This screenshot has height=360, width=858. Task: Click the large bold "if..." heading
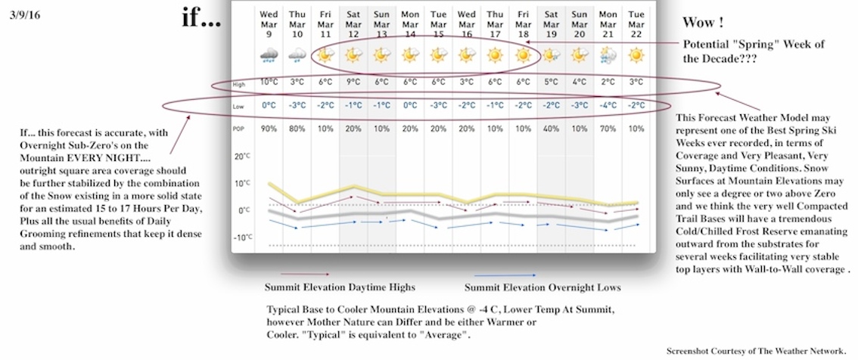pos(201,17)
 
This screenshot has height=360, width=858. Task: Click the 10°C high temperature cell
pos(269,82)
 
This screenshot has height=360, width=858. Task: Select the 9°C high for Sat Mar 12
pos(354,82)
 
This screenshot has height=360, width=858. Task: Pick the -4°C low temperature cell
pos(608,106)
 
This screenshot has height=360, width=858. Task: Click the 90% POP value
pos(269,129)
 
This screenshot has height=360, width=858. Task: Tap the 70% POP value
pos(608,129)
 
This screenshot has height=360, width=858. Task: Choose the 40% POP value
pos(552,129)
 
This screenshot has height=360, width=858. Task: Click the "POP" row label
pos(239,129)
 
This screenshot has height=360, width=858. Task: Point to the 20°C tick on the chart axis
pos(242,157)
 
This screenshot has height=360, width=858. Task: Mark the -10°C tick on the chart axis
pos(242,237)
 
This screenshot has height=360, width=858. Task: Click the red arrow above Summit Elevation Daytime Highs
pos(304,275)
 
